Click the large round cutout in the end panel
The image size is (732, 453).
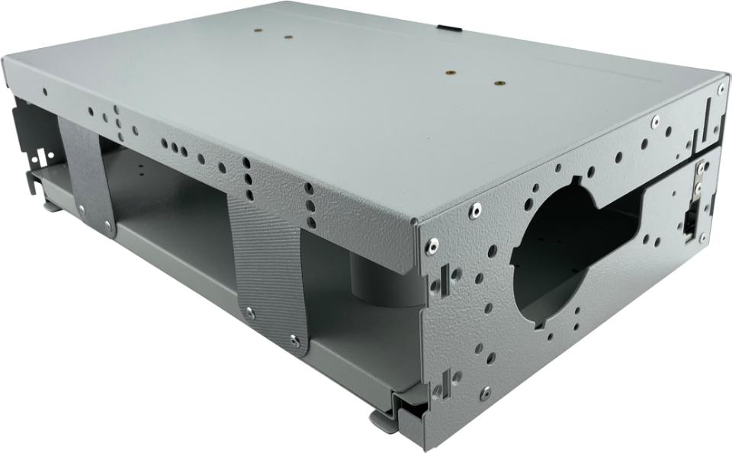coord(557,252)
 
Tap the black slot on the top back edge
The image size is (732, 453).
coord(451,28)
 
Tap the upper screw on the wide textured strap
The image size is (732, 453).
coord(250,313)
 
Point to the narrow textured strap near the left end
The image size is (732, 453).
coord(85,175)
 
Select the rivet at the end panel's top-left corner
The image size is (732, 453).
coord(432,245)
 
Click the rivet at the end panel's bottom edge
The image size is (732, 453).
coord(485,393)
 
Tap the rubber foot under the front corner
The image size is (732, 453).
coord(385,420)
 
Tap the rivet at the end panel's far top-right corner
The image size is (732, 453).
coord(721,88)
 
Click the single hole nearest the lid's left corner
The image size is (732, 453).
coord(45,92)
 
